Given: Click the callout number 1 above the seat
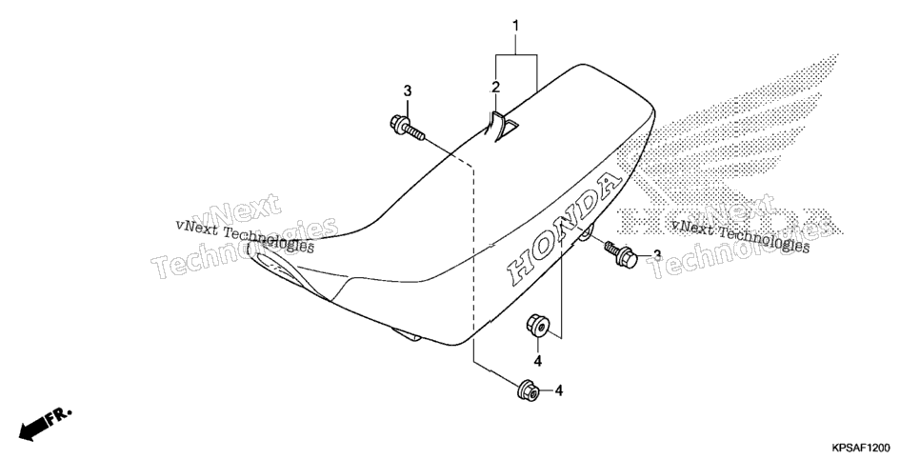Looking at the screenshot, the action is [x=516, y=26].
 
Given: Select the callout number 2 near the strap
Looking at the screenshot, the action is [x=496, y=88].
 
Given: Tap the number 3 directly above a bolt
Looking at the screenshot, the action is [x=408, y=91].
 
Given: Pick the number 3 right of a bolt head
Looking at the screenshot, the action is [x=657, y=255].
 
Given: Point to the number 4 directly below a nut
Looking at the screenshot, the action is [x=537, y=360].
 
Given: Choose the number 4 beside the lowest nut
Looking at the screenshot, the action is [x=558, y=390].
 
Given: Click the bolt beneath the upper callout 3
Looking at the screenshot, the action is [x=407, y=128].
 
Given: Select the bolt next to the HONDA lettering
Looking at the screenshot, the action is [x=620, y=253].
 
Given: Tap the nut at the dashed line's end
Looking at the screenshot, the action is [x=529, y=390].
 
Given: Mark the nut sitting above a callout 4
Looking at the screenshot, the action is [x=537, y=325].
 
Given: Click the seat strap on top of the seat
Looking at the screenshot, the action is [x=499, y=125].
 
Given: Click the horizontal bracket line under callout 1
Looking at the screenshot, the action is [x=516, y=54].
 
